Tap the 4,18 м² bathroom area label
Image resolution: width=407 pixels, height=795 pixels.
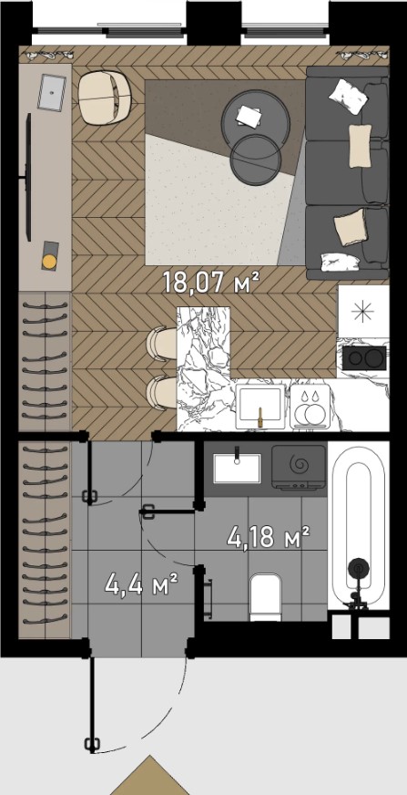pyautogui.click(x=269, y=537)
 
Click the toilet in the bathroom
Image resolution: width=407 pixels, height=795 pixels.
pyautogui.click(x=265, y=597)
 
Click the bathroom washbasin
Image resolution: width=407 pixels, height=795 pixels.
pyautogui.click(x=237, y=468)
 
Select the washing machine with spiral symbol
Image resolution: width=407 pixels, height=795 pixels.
pyautogui.click(x=299, y=467)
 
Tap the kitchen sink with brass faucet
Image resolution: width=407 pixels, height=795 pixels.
pyautogui.click(x=260, y=406)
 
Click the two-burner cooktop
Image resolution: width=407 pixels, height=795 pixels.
pyautogui.click(x=364, y=358)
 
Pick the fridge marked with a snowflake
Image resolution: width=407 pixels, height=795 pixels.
pyautogui.click(x=363, y=311)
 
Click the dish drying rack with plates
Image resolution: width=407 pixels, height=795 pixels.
pyautogui.click(x=310, y=406)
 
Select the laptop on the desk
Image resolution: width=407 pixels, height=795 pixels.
pyautogui.click(x=52, y=92)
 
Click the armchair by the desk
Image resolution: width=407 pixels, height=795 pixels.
pyautogui.click(x=106, y=98)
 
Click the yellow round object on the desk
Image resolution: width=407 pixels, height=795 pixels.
pyautogui.click(x=49, y=262)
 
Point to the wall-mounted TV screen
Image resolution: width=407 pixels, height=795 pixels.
pyautogui.click(x=28, y=178)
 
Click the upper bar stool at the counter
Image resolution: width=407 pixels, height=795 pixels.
pyautogui.click(x=161, y=343)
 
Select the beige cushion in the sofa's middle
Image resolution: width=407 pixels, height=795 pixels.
pyautogui.click(x=360, y=146)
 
